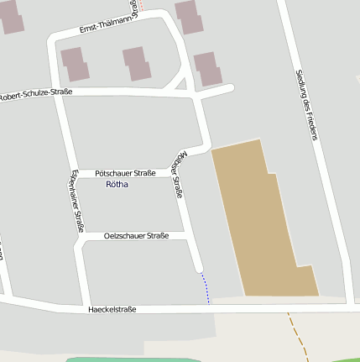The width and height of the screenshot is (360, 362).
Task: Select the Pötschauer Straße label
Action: (x=125, y=172)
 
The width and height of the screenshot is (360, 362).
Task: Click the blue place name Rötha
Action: (x=117, y=183)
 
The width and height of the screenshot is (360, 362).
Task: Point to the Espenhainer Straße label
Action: (x=76, y=200)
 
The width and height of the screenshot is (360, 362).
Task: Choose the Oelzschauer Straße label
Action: (x=136, y=236)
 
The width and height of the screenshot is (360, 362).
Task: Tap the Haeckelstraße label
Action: (x=112, y=309)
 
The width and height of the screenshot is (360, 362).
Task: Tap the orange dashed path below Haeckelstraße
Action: (x=296, y=333)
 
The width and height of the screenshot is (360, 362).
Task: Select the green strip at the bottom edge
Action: (x=126, y=359)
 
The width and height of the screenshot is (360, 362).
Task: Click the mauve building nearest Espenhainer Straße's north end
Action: (x=75, y=63)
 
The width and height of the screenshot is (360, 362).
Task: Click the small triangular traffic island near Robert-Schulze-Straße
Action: (x=177, y=84)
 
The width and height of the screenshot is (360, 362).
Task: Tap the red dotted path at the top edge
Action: (x=140, y=4)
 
